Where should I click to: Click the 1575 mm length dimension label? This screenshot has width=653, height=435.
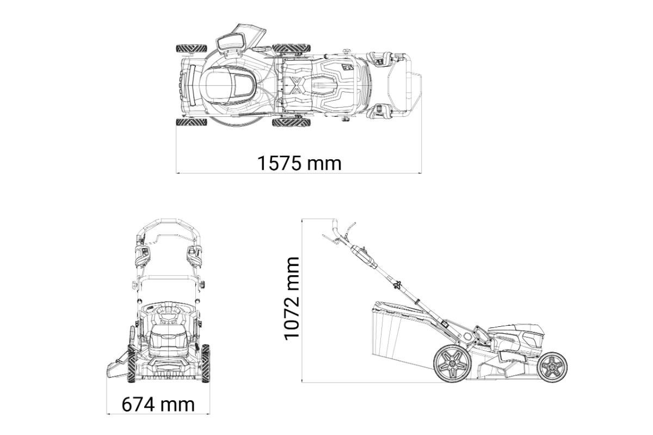point(299,164)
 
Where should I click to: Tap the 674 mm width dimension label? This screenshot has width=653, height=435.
point(158,405)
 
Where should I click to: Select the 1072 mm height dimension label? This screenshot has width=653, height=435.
point(292,299)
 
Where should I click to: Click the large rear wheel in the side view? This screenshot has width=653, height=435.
point(452,364)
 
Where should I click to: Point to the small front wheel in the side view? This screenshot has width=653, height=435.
point(552,367)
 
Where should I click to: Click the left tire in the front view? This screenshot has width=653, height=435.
point(132,364)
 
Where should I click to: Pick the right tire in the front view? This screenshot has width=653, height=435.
point(206,363)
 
